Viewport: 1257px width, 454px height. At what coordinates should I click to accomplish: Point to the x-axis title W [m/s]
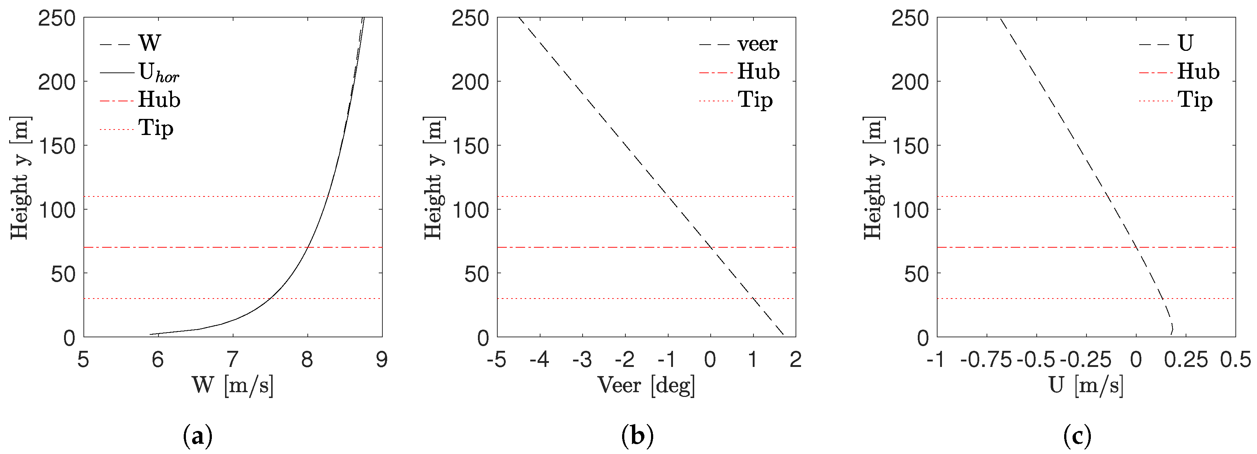pos(233,386)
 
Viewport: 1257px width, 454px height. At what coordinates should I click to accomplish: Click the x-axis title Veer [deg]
pos(646,386)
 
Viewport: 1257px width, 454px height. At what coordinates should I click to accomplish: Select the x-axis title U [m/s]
pos(1086,386)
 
